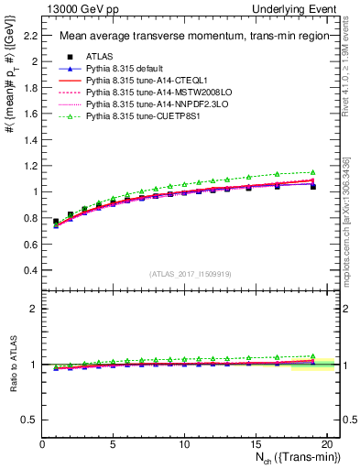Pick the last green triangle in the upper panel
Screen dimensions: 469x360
tap(313, 172)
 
